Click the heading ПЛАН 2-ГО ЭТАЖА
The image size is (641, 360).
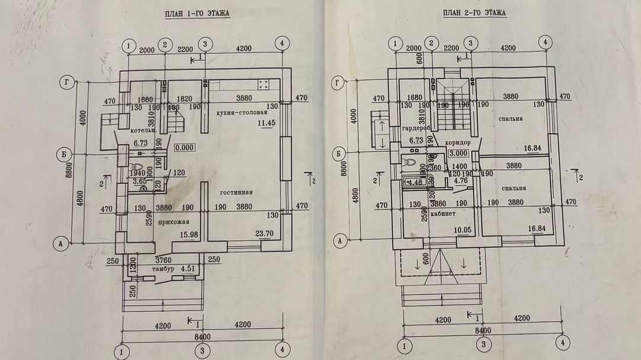(474, 12)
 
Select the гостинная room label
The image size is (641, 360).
(236, 192)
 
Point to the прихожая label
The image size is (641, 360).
(174, 222)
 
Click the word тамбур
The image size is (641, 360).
(163, 269)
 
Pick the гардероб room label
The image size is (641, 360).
(415, 129)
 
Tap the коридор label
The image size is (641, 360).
(457, 143)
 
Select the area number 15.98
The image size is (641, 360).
(187, 234)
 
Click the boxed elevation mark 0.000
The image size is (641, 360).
(186, 146)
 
